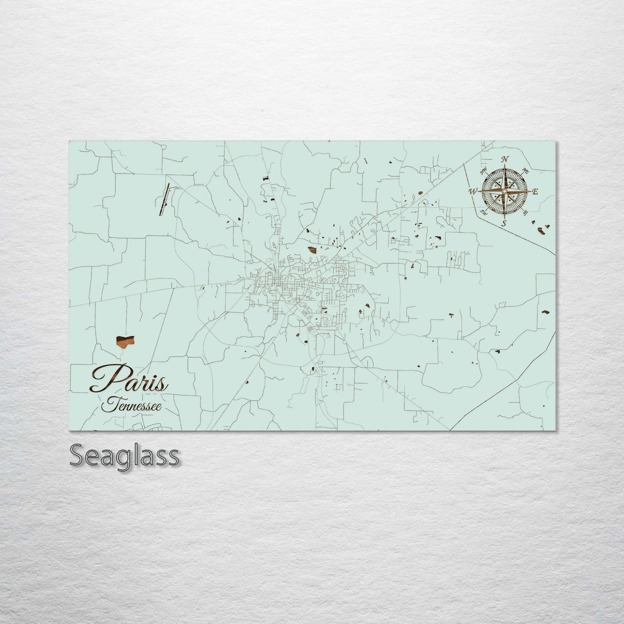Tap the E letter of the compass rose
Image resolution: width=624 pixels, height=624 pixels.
point(535,192)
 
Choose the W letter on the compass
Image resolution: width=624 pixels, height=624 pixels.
point(473,191)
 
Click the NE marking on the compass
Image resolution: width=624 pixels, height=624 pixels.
point(526,171)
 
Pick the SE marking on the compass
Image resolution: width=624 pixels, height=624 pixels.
point(525,212)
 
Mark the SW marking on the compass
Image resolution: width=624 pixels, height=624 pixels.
point(484,212)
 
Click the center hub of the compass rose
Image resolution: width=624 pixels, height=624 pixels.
point(504,191)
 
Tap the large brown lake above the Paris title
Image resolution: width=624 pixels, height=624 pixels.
point(124,342)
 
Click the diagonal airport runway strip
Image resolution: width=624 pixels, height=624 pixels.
point(165,199)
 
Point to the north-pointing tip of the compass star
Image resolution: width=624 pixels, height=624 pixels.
point(505,166)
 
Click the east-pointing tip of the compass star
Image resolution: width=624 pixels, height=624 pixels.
point(530,191)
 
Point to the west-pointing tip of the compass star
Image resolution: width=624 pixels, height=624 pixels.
point(479,191)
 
